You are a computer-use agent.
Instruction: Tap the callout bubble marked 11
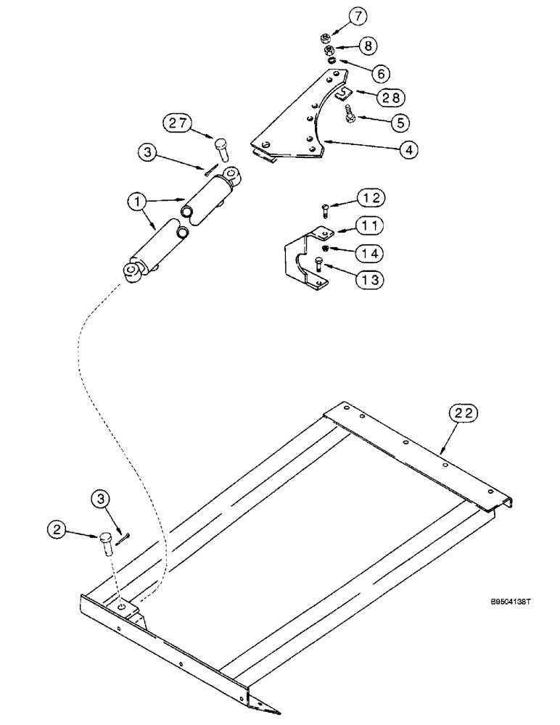pos(371,225)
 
